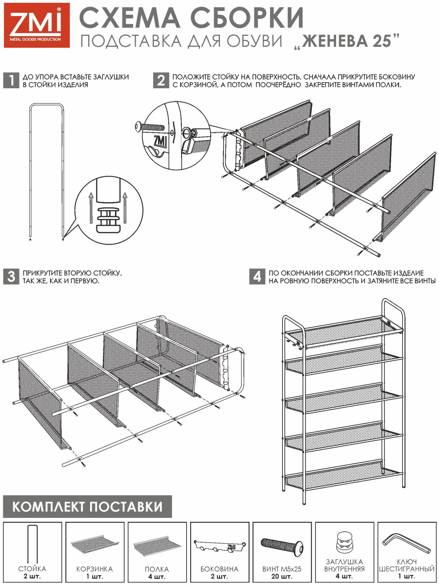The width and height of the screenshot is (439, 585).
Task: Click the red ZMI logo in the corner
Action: (37, 25)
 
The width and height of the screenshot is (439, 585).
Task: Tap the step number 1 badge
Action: (11, 81)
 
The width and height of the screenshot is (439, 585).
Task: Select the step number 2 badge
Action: (161, 81)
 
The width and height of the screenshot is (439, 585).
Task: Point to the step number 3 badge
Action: (11, 277)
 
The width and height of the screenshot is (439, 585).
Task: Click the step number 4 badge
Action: (257, 277)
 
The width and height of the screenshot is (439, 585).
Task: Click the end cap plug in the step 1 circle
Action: (109, 220)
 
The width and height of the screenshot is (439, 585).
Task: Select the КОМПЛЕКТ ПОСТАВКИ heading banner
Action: (87, 506)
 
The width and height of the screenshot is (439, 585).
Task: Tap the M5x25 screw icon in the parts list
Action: (282, 547)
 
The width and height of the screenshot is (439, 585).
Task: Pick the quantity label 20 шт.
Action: (282, 576)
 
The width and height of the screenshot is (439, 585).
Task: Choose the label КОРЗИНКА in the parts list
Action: (95, 569)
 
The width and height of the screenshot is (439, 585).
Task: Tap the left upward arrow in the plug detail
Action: (91, 207)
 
